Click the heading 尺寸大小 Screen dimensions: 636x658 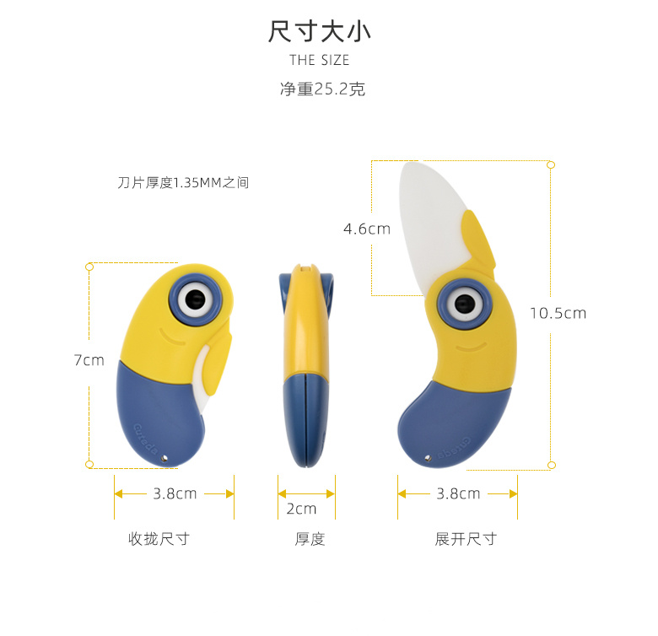(319, 32)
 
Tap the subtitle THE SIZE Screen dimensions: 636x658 (319, 60)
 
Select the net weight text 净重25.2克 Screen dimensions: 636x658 (322, 89)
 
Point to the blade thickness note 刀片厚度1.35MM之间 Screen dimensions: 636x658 (183, 182)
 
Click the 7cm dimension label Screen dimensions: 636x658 (89, 360)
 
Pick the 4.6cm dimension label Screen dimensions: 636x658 (367, 229)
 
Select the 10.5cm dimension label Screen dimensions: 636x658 (558, 313)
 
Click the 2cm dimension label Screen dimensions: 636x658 (301, 508)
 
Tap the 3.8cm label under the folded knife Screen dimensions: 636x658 (175, 493)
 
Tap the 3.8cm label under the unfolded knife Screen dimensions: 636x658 (458, 493)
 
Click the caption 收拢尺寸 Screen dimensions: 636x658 (159, 539)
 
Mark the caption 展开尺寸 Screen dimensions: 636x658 (466, 539)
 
